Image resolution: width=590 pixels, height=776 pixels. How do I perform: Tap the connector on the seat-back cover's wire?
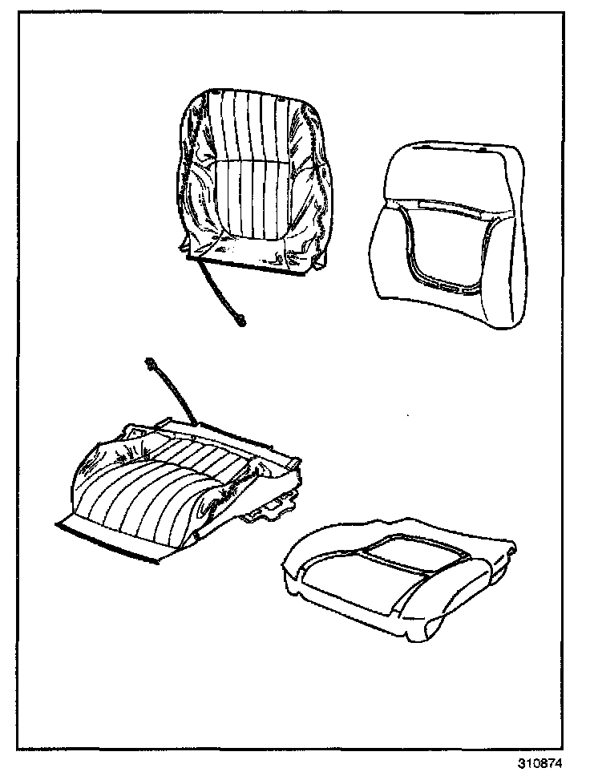[x=240, y=323]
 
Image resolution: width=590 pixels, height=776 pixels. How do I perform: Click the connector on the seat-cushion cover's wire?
[x=149, y=365]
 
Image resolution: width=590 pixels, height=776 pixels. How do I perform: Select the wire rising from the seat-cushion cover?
[x=172, y=393]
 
